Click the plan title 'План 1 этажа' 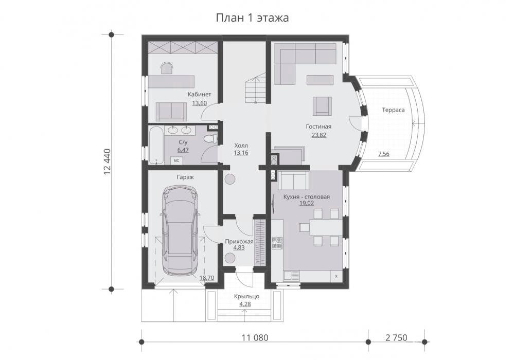pos(252,17)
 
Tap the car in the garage pos(180,230)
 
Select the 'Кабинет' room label pos(199,94)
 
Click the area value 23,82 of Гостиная pos(318,135)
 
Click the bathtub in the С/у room pos(156,146)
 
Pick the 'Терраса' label pos(393,110)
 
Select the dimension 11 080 pos(255,337)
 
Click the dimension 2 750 pos(396,337)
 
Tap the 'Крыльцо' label pos(246,296)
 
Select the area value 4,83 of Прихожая pos(239,248)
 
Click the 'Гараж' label pos(185,177)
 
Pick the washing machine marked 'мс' pos(176,160)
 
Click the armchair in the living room pos(322,106)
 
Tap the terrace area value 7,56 pos(383,154)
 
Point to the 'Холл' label pos(241,146)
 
